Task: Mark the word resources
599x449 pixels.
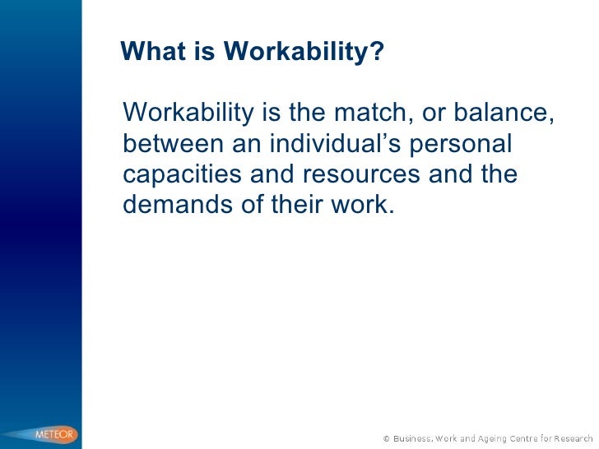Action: coord(360,175)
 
